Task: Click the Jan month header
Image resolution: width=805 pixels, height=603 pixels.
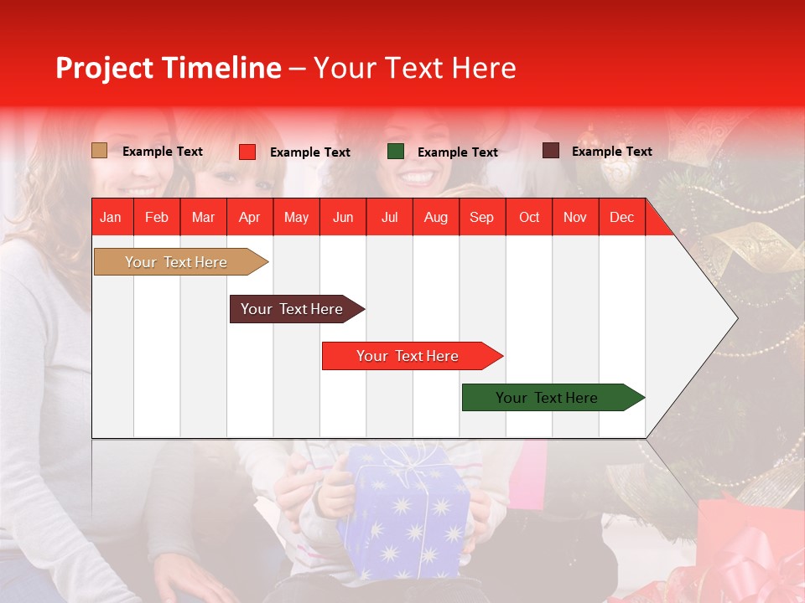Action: (111, 217)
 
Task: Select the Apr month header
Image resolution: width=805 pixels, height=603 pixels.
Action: (250, 217)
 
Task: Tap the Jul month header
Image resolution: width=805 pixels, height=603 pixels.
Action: (389, 217)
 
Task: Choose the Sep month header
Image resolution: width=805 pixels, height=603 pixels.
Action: (481, 217)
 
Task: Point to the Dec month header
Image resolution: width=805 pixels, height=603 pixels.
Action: (621, 217)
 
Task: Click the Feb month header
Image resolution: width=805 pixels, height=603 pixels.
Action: (157, 217)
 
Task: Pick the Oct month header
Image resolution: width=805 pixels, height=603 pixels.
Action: (528, 217)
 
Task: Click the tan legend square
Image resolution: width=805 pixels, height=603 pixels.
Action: (100, 151)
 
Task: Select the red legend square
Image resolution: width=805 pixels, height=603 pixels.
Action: (247, 152)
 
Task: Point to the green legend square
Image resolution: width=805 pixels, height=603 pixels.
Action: (396, 152)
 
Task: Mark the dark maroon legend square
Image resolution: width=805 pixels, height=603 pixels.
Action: (551, 151)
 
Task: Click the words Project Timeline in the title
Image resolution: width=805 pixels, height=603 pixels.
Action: (169, 68)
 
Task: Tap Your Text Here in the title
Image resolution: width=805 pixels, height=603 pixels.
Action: (414, 68)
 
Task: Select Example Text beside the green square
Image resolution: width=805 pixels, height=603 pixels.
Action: (457, 152)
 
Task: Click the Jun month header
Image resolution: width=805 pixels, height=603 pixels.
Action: (343, 217)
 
